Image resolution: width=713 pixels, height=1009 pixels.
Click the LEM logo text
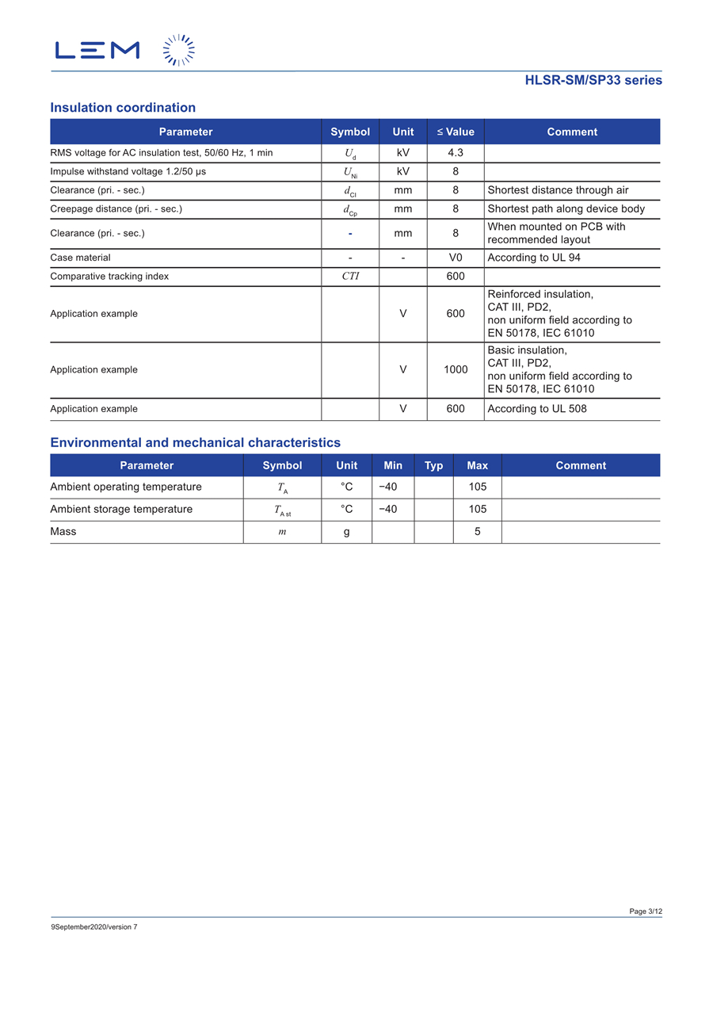97,50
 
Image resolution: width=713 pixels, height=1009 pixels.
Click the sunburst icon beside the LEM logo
179,50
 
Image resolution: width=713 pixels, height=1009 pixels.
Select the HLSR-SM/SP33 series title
593,80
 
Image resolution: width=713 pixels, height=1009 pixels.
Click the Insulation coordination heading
123,108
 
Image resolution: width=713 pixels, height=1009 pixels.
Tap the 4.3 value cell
456,153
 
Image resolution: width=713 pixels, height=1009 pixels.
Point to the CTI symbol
350,277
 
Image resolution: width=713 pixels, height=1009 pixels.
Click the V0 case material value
456,258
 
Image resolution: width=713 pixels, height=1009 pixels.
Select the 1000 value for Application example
456,369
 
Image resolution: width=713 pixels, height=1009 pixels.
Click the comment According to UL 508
537,409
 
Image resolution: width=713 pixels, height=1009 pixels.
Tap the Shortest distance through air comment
558,190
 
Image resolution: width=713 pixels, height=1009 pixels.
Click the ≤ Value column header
456,132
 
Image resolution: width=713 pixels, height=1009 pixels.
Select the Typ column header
433,465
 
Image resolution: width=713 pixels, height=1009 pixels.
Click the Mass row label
63,532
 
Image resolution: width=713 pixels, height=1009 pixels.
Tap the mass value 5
478,532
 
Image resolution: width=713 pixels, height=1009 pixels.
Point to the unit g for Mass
347,532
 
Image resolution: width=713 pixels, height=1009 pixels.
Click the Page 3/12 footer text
646,912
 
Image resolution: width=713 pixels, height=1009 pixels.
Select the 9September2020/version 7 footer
93,927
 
